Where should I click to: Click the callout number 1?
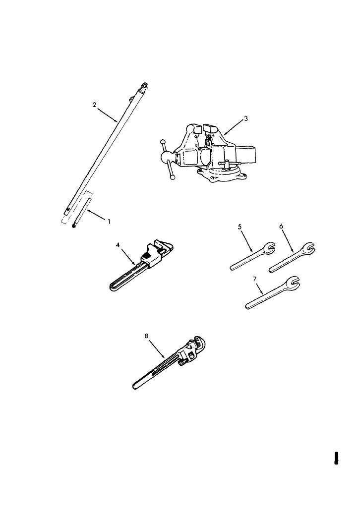pyautogui.click(x=109, y=222)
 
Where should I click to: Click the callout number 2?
pyautogui.click(x=94, y=105)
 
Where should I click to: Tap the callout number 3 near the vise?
pyautogui.click(x=246, y=119)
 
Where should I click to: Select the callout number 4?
pyautogui.click(x=118, y=245)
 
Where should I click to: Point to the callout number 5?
pyautogui.click(x=240, y=227)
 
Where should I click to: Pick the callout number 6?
pyautogui.click(x=281, y=226)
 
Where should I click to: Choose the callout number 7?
pyautogui.click(x=254, y=279)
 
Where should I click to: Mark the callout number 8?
pyautogui.click(x=146, y=336)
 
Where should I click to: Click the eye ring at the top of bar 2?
pyautogui.click(x=144, y=87)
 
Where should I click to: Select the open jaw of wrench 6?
pyautogui.click(x=308, y=248)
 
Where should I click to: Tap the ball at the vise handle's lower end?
pyautogui.click(x=172, y=176)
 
